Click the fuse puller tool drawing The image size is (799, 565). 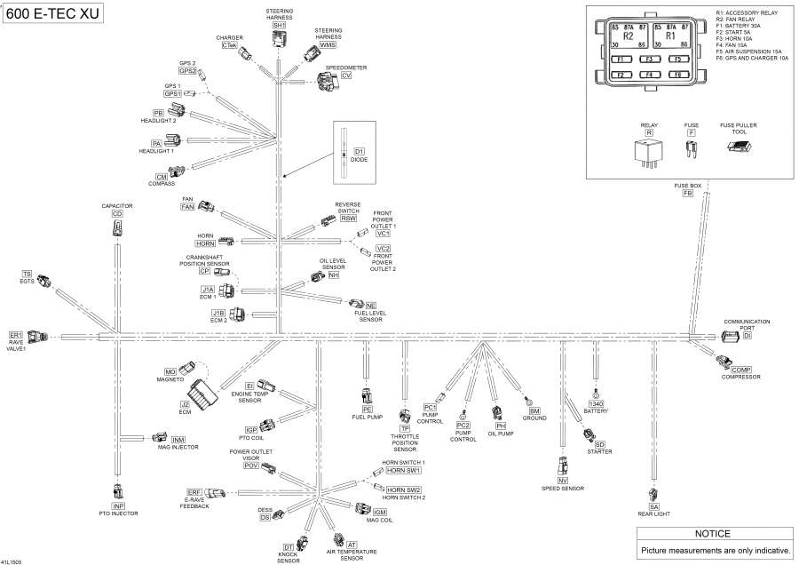pyautogui.click(x=739, y=147)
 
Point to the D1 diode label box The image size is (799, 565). pyautogui.click(x=360, y=152)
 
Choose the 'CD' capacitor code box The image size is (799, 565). pyautogui.click(x=117, y=214)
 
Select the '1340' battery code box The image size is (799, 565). pyautogui.click(x=597, y=404)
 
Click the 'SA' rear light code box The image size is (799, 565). pyautogui.click(x=654, y=506)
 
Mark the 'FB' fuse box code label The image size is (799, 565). pyautogui.click(x=687, y=193)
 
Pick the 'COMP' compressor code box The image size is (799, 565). pyautogui.click(x=742, y=370)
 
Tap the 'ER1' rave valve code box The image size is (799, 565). pyautogui.click(x=15, y=335)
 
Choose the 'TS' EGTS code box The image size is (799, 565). pyautogui.click(x=27, y=275)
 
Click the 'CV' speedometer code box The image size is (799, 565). pyautogui.click(x=346, y=76)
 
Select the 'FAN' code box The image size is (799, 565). pyautogui.click(x=187, y=207)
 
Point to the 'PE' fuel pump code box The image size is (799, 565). pyautogui.click(x=367, y=409)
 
